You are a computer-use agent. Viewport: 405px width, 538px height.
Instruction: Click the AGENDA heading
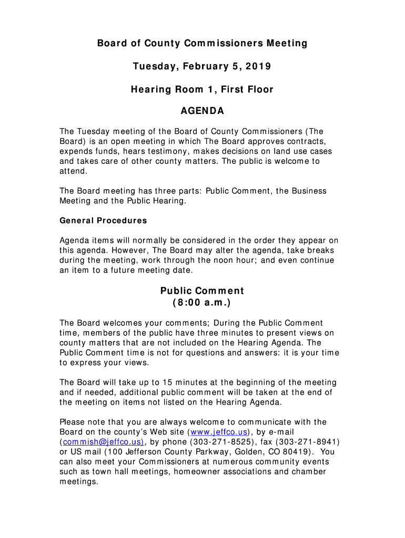click(202, 111)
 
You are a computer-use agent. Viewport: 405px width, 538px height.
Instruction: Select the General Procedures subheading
click(103, 221)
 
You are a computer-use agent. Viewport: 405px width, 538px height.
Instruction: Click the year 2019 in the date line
click(259, 67)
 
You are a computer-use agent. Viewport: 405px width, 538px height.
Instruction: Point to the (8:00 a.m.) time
click(202, 304)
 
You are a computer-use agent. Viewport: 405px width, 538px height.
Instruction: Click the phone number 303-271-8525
click(220, 442)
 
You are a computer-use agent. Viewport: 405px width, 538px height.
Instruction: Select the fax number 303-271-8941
click(308, 442)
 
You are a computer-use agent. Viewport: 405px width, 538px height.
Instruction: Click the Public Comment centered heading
click(202, 291)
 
